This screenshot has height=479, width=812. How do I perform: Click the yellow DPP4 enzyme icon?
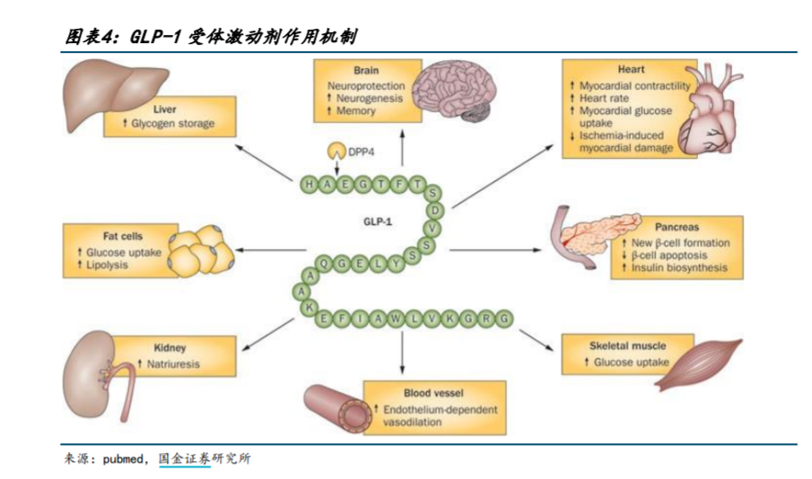(x=334, y=151)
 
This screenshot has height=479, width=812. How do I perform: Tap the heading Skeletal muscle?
(x=627, y=345)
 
